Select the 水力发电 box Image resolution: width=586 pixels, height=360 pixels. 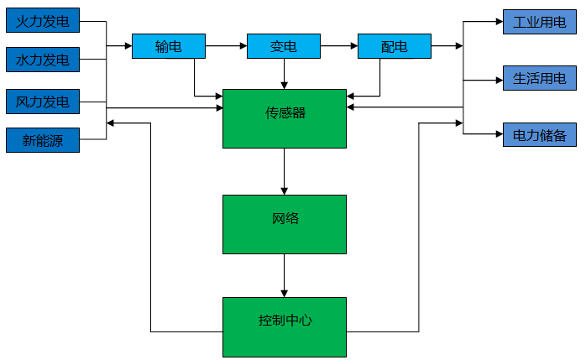click(43, 60)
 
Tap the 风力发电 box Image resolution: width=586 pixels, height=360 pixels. click(43, 102)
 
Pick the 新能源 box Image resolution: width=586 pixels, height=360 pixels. click(43, 140)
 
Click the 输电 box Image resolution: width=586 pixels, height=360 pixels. click(169, 46)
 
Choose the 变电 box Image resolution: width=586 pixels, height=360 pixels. click(284, 46)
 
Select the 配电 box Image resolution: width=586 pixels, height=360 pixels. click(394, 46)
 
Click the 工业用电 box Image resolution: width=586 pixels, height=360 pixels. click(539, 22)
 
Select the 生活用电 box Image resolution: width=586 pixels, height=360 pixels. click(539, 79)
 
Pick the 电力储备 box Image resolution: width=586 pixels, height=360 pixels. click(539, 134)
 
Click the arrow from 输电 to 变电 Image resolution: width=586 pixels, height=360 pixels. click(226, 45)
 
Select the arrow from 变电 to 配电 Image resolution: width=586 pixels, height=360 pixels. click(339, 45)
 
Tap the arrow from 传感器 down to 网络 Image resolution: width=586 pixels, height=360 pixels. click(284, 171)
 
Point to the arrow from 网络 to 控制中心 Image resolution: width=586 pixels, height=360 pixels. click(284, 275)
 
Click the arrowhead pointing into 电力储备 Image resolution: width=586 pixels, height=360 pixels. click(498, 134)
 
